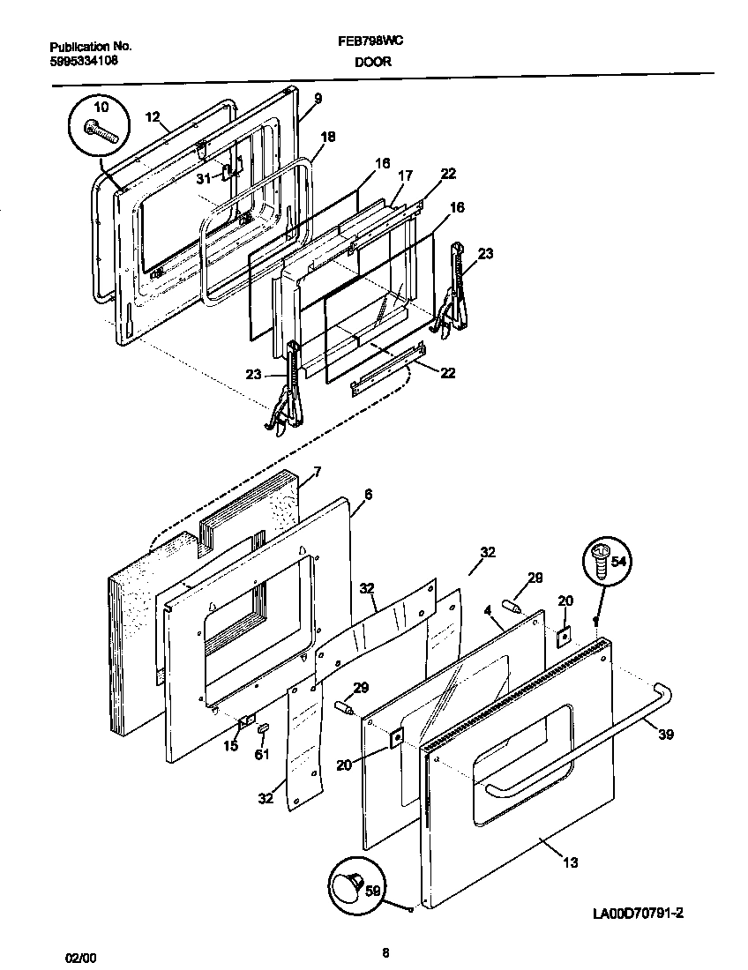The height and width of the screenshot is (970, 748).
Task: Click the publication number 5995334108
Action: coord(84,61)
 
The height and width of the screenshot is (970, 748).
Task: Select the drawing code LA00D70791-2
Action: coord(632,914)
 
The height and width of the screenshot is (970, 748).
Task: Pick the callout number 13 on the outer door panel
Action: coord(571,862)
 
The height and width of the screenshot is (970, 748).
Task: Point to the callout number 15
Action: coord(230,747)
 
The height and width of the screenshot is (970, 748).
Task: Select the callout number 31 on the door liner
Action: coord(204,178)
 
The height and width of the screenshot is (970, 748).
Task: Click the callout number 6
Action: coord(368,495)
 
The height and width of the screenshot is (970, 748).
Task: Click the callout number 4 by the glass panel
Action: coord(486,609)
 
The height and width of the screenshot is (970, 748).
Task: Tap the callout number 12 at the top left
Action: coord(152,116)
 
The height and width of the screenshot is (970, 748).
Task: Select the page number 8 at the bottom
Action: coord(385,952)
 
